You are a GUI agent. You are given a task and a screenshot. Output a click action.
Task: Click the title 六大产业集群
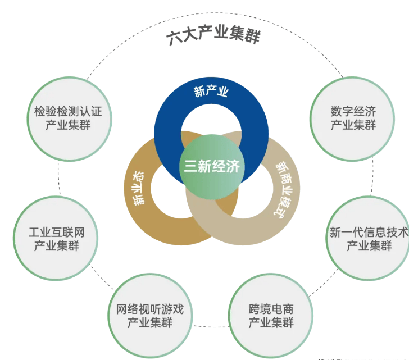[x=214, y=37]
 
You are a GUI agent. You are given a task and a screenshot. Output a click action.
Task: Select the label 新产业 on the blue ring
[x=211, y=92]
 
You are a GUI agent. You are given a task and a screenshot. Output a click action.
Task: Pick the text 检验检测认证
[x=64, y=111]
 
